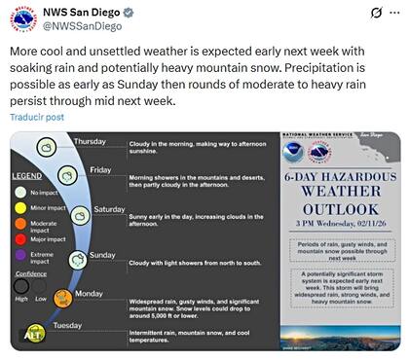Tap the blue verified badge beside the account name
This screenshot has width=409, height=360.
click(x=153, y=11)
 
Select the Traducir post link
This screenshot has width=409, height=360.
click(x=37, y=117)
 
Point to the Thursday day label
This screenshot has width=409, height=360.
click(x=90, y=142)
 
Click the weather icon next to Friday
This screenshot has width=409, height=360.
click(x=66, y=176)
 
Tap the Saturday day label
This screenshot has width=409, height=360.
click(x=109, y=209)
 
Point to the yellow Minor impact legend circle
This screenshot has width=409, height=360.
click(x=21, y=207)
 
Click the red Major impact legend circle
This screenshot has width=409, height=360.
click(x=21, y=238)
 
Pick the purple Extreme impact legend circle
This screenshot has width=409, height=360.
click(x=21, y=255)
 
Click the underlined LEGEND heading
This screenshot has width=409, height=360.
click(x=26, y=176)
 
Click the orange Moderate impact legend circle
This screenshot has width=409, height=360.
click(x=21, y=223)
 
